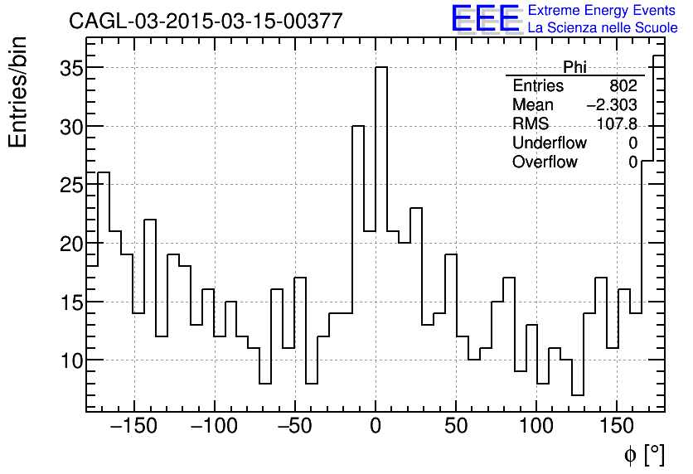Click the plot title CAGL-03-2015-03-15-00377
[x=206, y=22]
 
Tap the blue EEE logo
[x=485, y=19]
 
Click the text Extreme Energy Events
[x=603, y=11]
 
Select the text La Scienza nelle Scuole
[x=603, y=28]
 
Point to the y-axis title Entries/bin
[x=18, y=92]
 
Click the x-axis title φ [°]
[x=644, y=454]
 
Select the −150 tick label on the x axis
[x=133, y=428]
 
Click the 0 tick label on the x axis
[x=376, y=428]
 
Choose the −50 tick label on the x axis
[x=294, y=428]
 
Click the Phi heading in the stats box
[x=574, y=67]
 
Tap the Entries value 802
[x=623, y=86]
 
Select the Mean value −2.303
[x=612, y=105]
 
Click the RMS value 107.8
[x=618, y=124]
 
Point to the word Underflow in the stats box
[x=550, y=143]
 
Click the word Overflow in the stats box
[x=545, y=162]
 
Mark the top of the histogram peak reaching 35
[x=381, y=68]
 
